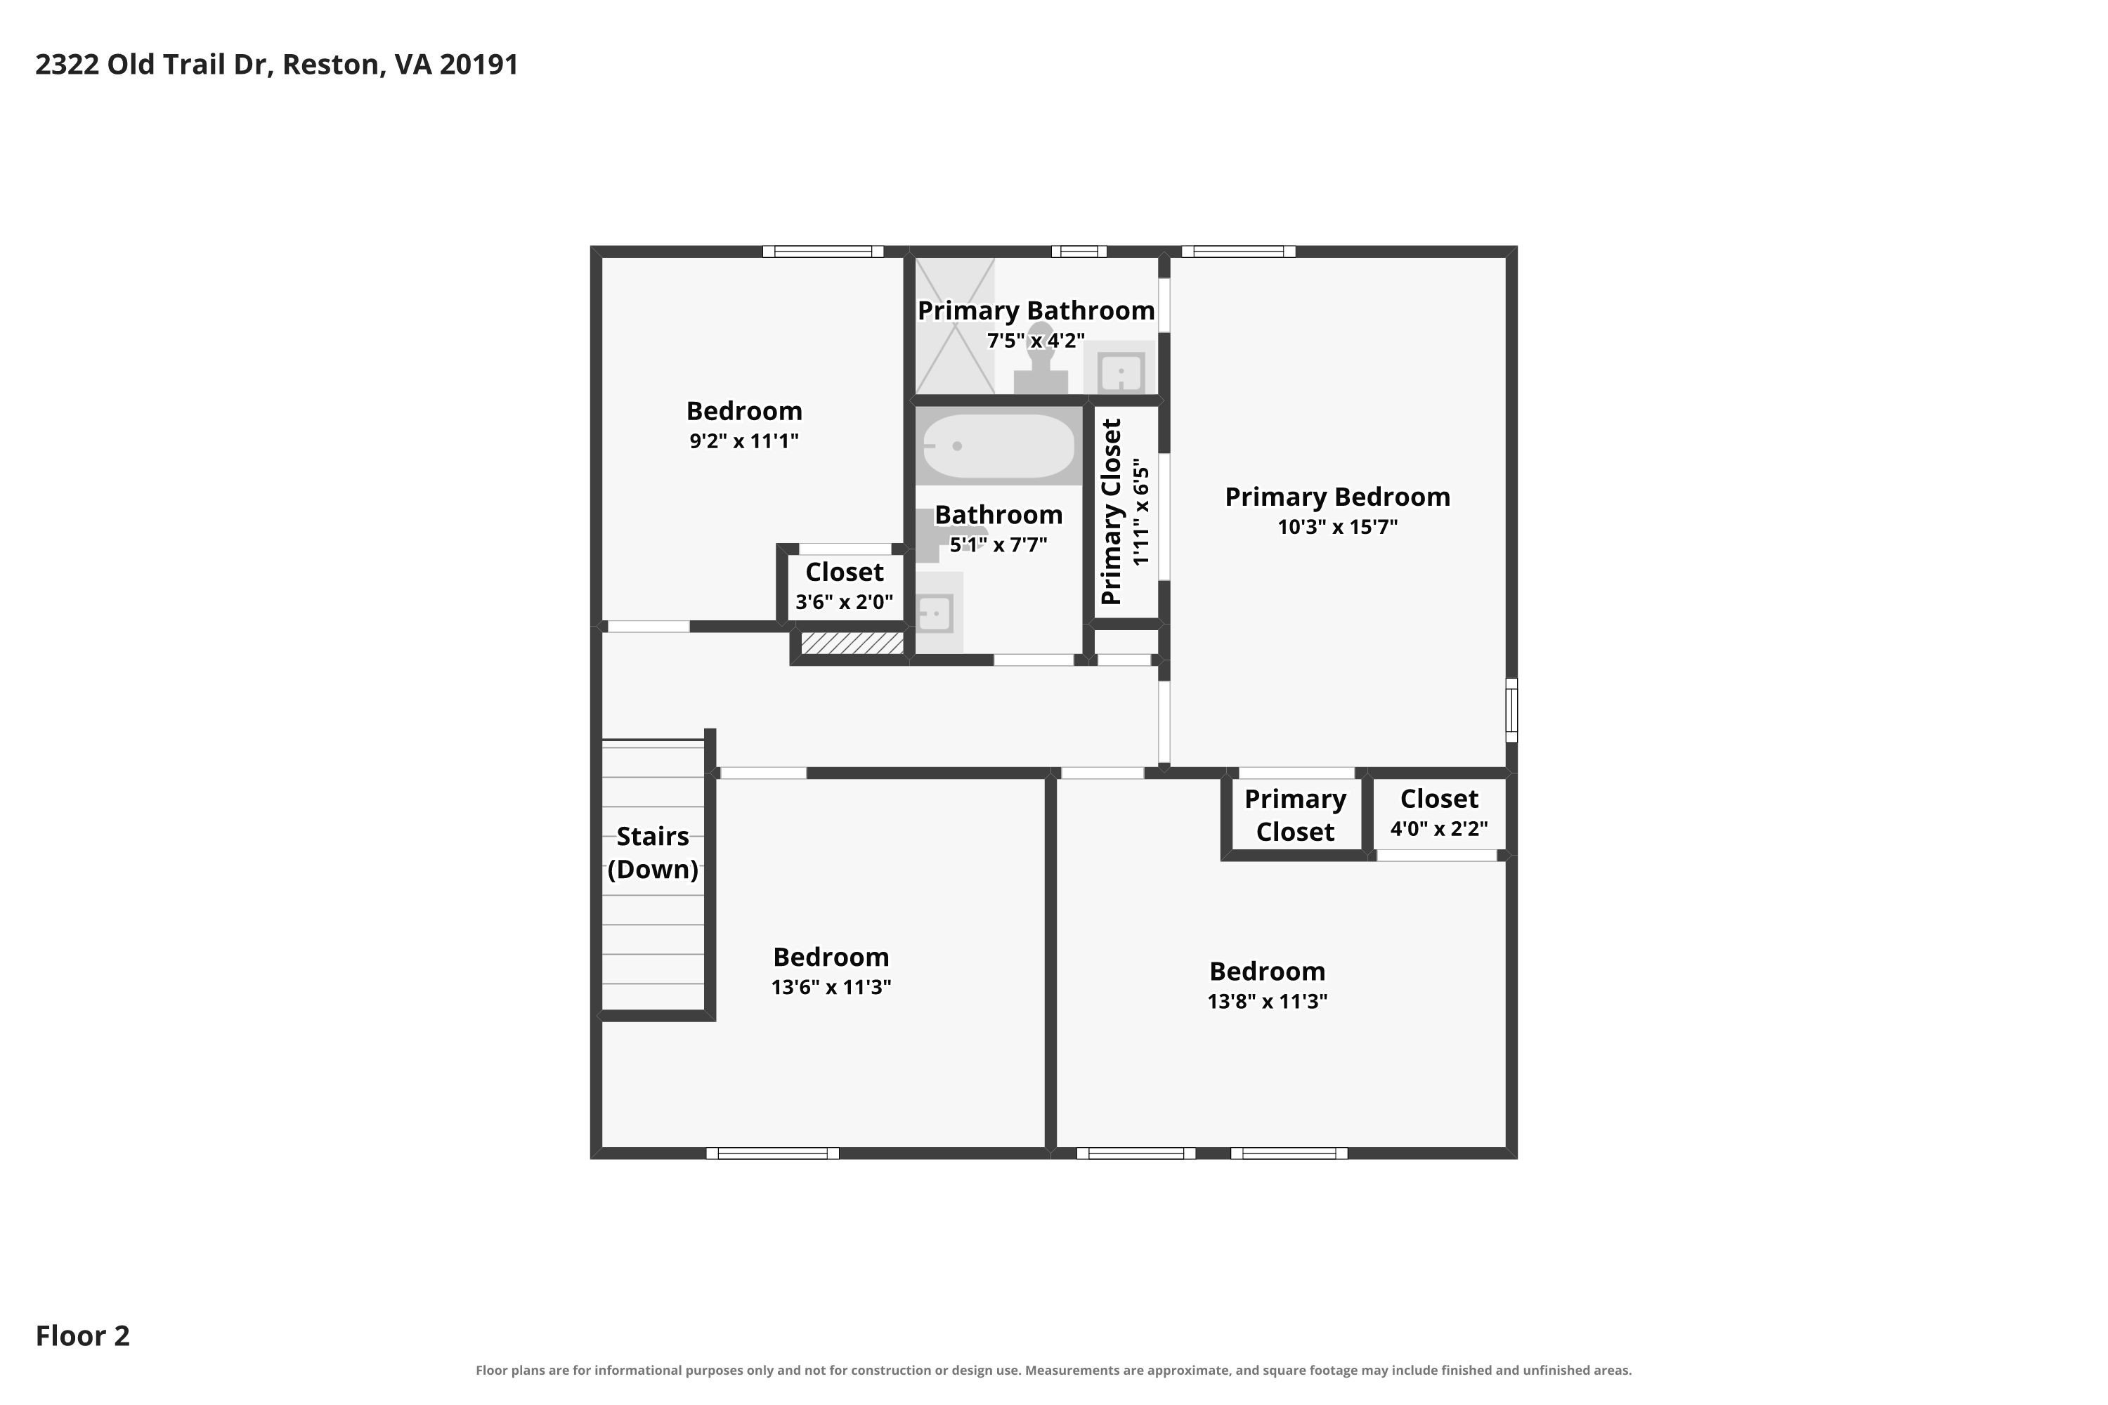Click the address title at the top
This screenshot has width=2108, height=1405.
[277, 65]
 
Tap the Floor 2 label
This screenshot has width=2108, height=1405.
[82, 1335]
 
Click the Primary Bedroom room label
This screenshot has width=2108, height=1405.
[1337, 497]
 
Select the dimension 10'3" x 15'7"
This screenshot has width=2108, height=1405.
[1337, 527]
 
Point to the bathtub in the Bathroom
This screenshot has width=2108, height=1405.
[998, 446]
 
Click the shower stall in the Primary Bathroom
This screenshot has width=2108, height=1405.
[954, 326]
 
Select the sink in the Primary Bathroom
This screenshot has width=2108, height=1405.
[1120, 370]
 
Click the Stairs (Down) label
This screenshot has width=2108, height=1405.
[653, 853]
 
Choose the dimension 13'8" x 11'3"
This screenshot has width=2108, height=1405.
[1268, 1002]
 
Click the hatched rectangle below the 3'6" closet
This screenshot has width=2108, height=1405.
[852, 643]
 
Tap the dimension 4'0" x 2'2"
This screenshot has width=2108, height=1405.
[1438, 829]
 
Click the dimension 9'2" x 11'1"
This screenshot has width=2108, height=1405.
[744, 441]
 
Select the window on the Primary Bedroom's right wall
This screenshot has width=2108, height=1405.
[1511, 710]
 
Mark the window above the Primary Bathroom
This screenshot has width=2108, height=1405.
[1079, 251]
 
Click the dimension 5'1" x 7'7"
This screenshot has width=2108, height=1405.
[998, 545]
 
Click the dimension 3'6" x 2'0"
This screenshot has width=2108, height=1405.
[845, 602]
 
